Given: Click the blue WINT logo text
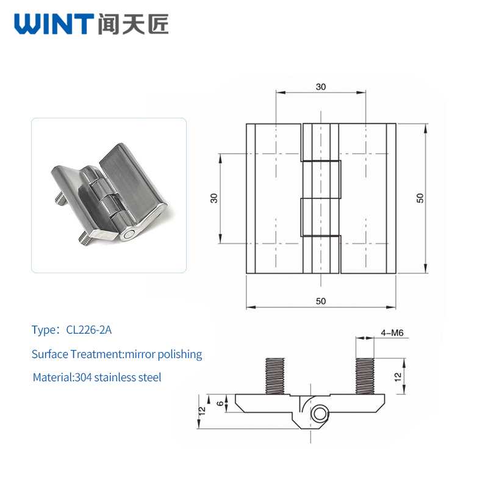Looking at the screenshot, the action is pos(54,24).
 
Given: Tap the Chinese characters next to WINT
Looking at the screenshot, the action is pos(133,24).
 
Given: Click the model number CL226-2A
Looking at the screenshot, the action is pos(88,330).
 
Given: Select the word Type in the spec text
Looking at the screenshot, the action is pos(43,330).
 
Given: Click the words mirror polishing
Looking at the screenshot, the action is pos(163,354).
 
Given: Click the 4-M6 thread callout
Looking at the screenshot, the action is pos(392,332).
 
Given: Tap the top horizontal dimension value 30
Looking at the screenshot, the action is pos(321,87).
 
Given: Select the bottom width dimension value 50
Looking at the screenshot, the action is pos(321,301).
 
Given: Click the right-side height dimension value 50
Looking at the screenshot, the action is pos(420,198).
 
